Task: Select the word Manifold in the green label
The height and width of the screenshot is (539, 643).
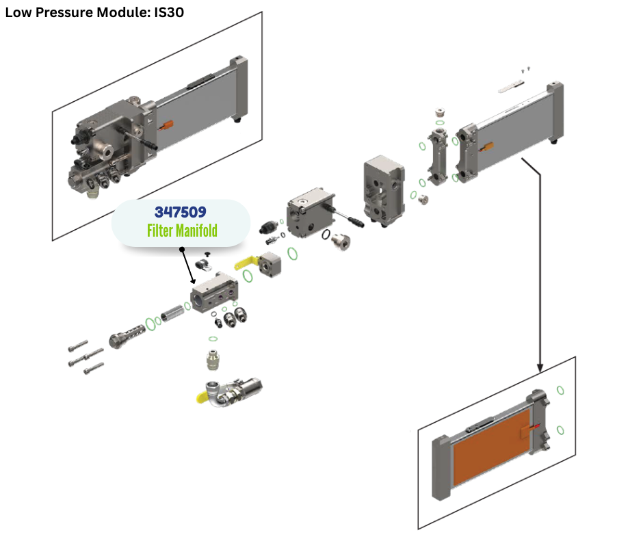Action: [x=196, y=231]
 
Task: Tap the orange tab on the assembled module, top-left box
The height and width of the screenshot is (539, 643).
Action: [x=167, y=125]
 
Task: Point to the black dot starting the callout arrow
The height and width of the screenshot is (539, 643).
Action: [x=182, y=250]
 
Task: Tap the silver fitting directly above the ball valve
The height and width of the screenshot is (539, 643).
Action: [x=213, y=358]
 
